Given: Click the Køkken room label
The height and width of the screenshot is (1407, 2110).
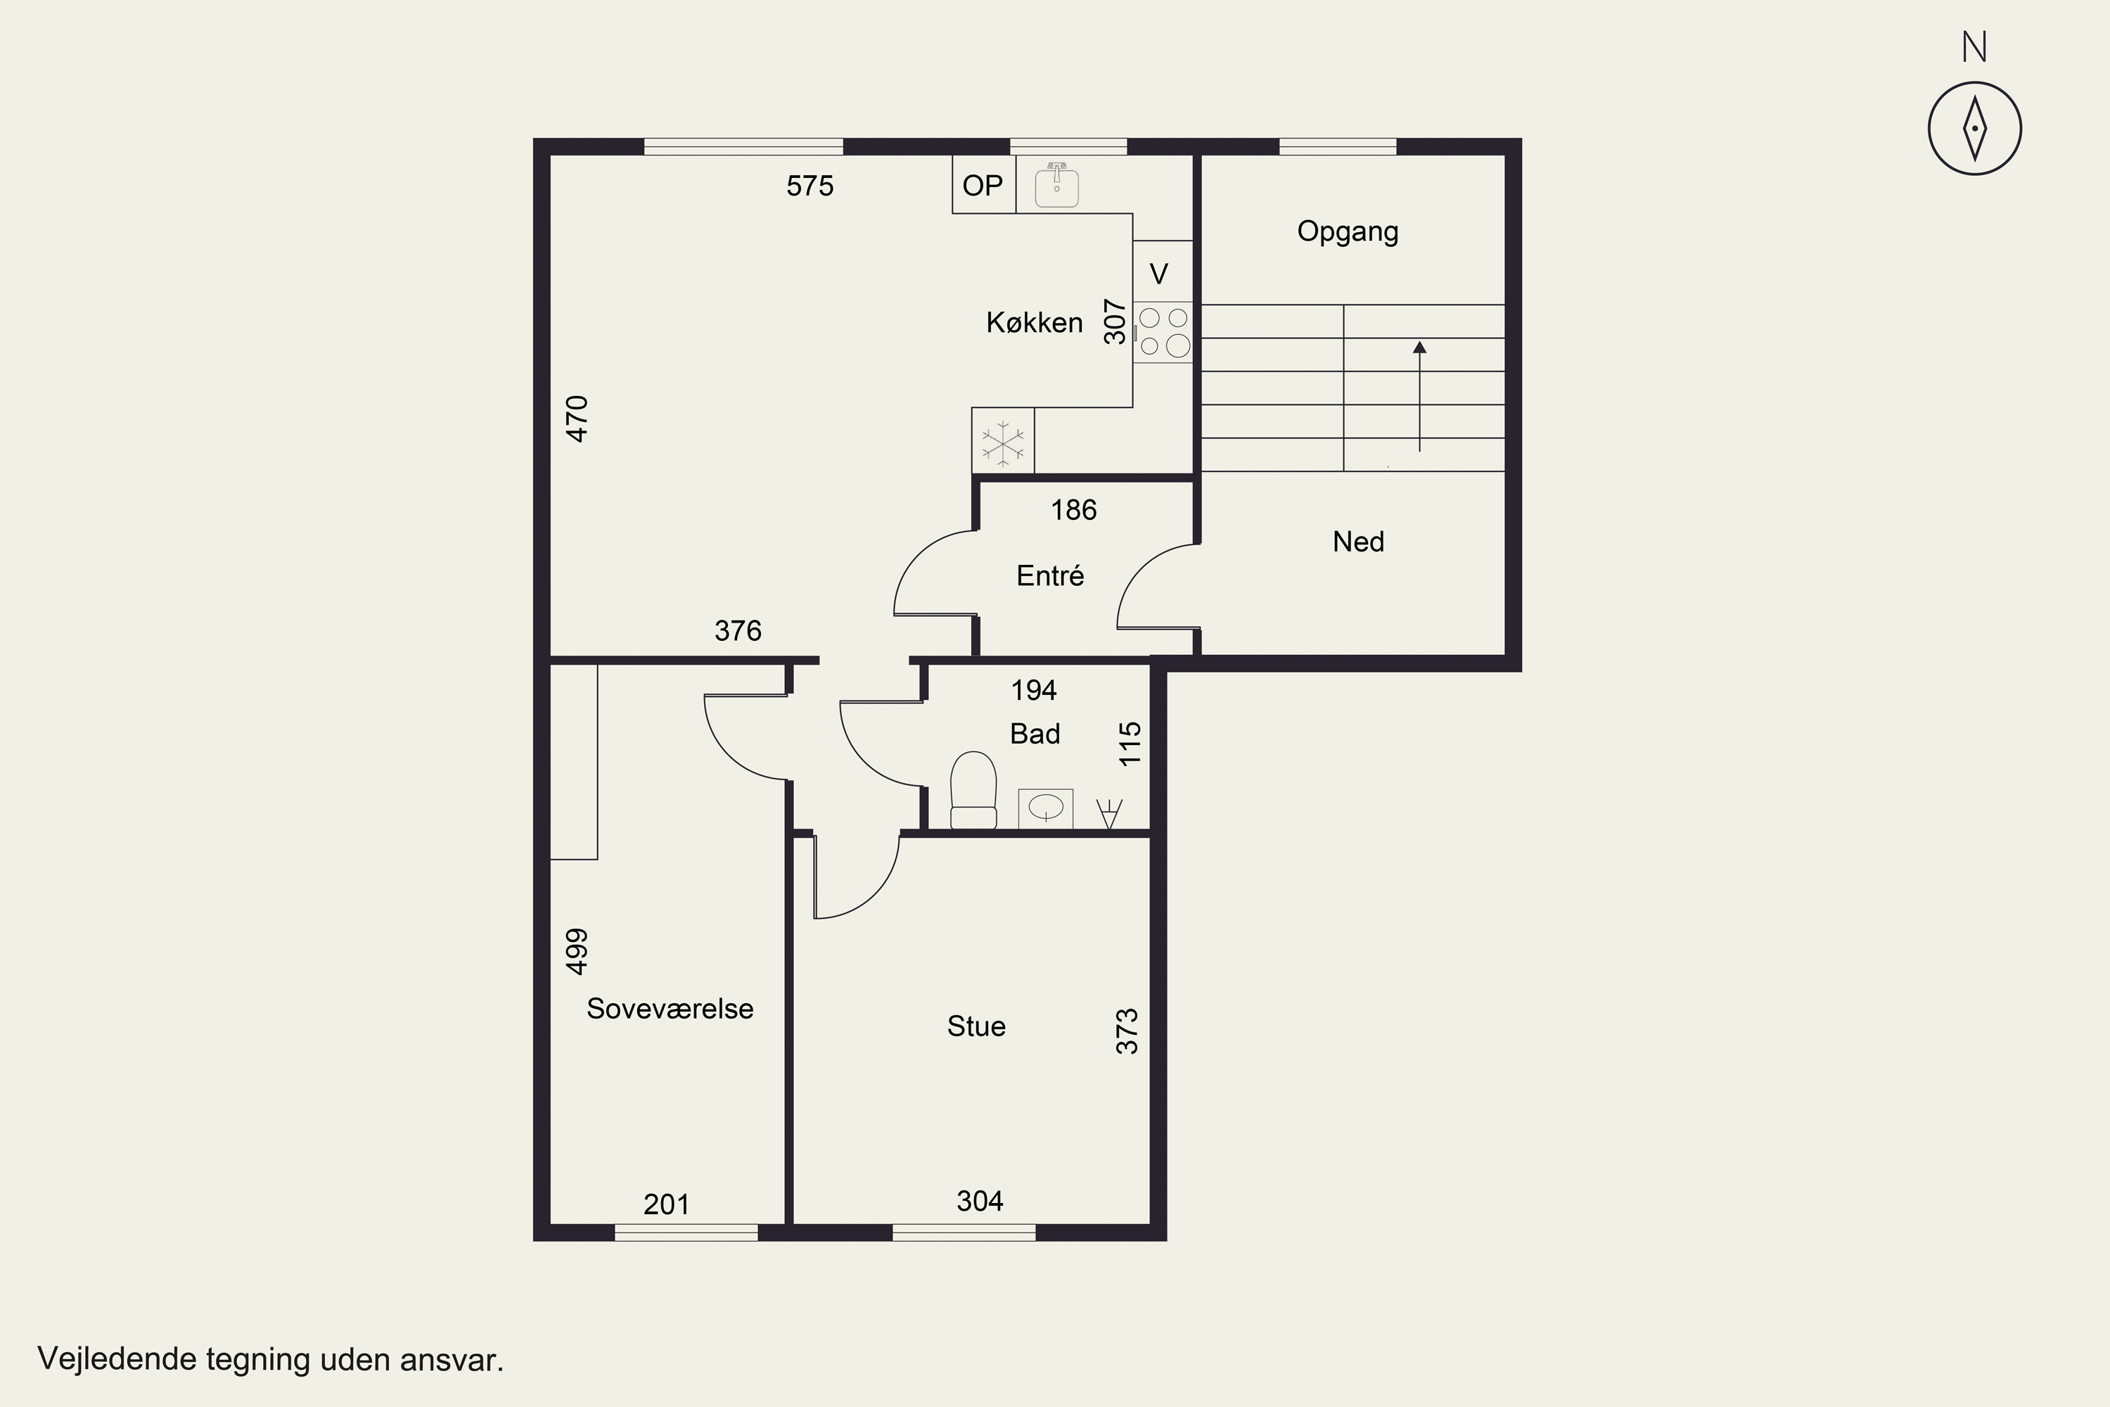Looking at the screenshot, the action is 1035,322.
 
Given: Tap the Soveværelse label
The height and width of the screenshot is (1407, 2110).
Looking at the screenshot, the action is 670,1009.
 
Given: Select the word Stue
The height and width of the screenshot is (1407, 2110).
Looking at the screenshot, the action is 976,1026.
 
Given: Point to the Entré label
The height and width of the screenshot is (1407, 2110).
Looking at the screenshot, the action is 1049,575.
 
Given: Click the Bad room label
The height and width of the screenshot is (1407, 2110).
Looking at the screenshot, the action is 1035,734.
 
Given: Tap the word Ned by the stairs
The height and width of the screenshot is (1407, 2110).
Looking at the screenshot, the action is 1358,542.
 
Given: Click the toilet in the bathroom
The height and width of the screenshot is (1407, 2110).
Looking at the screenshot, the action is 973,789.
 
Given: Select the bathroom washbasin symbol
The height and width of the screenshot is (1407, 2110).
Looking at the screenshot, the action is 1046,808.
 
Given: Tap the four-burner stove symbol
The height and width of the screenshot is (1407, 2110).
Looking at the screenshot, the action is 1163,332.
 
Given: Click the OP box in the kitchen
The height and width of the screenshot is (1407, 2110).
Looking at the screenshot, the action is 983,185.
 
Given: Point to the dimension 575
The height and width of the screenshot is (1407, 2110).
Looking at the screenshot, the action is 810,186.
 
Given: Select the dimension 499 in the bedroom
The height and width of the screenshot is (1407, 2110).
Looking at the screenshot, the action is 577,951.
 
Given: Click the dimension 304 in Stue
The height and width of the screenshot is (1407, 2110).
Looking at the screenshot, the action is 980,1201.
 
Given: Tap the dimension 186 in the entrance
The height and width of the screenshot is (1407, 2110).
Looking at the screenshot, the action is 1074,509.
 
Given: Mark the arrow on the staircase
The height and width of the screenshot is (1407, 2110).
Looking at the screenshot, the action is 1419,395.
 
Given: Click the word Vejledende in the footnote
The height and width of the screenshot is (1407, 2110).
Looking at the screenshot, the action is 117,1359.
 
